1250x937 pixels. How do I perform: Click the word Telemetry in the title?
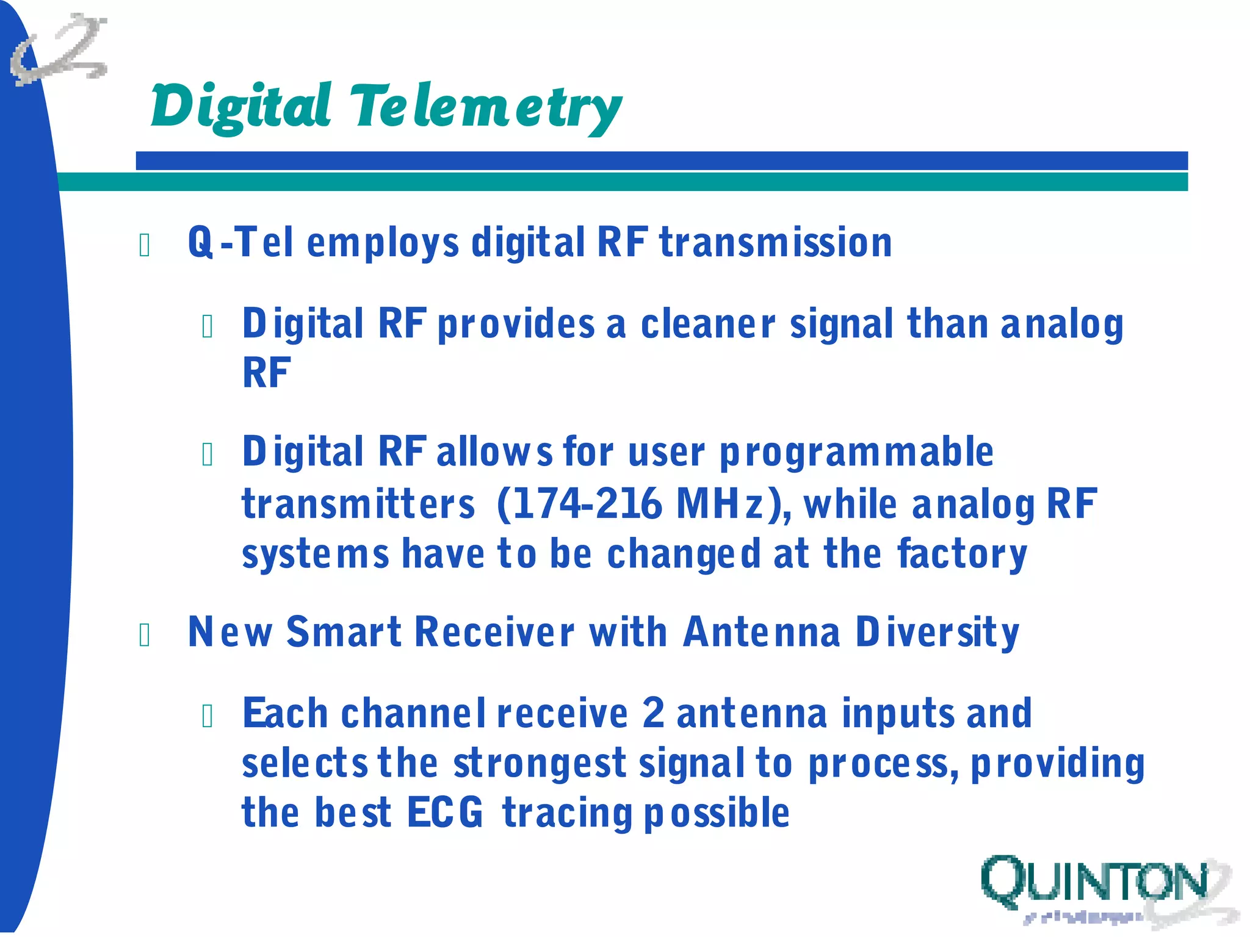coord(485,108)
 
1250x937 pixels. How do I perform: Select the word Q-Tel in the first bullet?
coord(241,243)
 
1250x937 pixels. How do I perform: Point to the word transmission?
coord(776,243)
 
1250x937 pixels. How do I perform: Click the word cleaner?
coord(707,324)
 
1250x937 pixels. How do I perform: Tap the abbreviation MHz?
coord(720,504)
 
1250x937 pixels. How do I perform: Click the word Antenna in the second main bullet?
coord(761,632)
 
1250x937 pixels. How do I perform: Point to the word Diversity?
coord(937,632)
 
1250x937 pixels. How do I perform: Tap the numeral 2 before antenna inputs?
coord(653,713)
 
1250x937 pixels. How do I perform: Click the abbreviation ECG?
coord(445,813)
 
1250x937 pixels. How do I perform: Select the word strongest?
coord(540,764)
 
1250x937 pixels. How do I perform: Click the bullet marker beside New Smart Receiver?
coord(145,635)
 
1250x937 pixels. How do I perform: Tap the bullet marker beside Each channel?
coord(208,716)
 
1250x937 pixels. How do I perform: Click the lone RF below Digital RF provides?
coord(266,373)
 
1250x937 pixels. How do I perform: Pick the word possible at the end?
coord(717,813)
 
